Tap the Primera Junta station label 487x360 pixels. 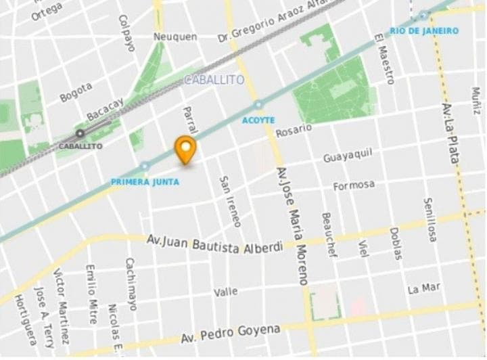pos(145,181)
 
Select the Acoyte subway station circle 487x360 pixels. pos(258,105)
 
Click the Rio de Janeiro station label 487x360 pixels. pos(424,31)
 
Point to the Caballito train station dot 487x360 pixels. pos(80,133)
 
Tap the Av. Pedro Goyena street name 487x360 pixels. pos(231,332)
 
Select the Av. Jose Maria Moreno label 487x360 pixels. pos(292,226)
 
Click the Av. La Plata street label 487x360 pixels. pos(451,133)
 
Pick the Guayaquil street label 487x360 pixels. pos(348,156)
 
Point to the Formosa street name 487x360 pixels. pos(354,185)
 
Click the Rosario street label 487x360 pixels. pos(294,129)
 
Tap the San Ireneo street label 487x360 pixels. pos(229,201)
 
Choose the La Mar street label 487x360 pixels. pos(423,289)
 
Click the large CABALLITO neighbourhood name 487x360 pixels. pos(214,80)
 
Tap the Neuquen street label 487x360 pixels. pos(175,37)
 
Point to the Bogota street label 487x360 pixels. pos(75,92)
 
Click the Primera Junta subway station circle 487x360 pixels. pos(143,166)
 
